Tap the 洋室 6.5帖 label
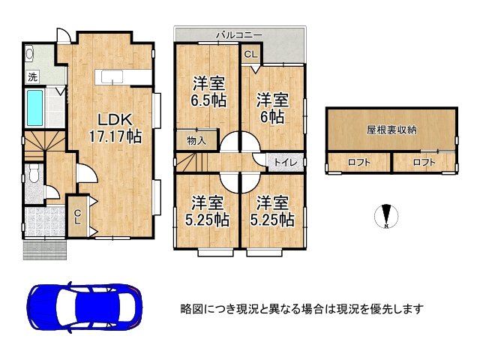click(208, 91)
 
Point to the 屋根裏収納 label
click(391, 130)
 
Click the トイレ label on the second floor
click(286, 161)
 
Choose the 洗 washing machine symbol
click(33, 76)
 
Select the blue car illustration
click(84, 307)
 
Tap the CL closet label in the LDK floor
click(77, 216)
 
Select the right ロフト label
click(424, 163)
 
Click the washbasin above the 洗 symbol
click(30, 55)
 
